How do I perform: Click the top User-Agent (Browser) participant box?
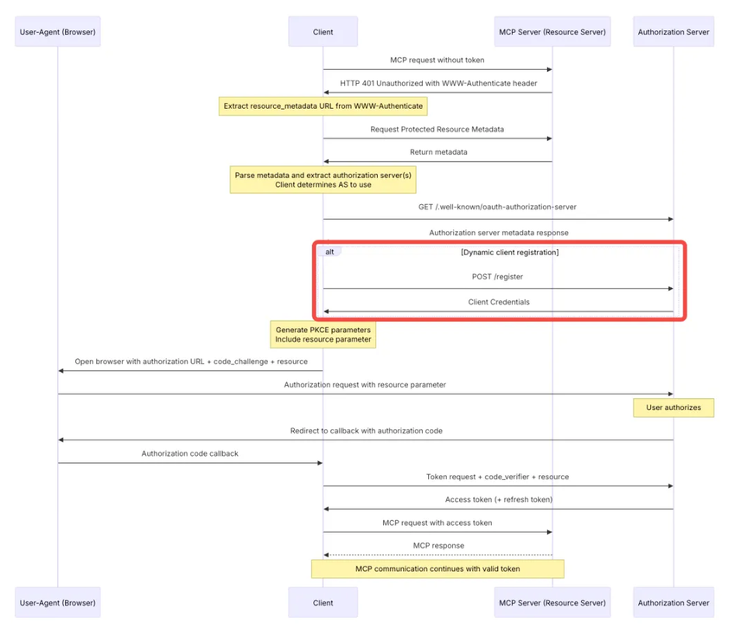point(58,31)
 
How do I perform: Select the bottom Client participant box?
point(323,603)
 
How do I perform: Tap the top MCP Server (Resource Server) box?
point(552,31)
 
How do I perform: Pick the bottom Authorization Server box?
point(674,603)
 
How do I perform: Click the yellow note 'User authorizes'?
point(674,407)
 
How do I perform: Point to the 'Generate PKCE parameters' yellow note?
point(323,334)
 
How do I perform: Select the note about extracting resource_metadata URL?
point(323,106)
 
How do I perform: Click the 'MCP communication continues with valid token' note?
point(437,568)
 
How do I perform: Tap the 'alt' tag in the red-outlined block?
point(329,252)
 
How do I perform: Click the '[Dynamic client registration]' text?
point(510,253)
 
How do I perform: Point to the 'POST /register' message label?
point(497,277)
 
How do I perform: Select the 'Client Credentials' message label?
point(499,302)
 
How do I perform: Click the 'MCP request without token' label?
point(437,60)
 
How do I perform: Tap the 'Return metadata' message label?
point(438,152)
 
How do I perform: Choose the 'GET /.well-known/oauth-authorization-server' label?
point(497,207)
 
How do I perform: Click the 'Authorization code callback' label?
point(189,453)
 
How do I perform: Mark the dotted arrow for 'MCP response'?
point(437,555)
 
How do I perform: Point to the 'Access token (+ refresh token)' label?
point(499,500)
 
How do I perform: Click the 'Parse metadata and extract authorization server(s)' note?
point(323,180)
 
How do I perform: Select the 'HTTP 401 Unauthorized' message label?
point(438,83)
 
